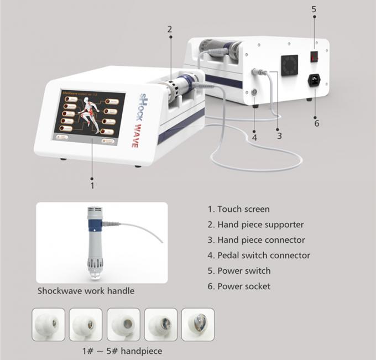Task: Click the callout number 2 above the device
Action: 170,29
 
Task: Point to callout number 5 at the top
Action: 314,9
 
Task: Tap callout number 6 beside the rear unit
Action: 316,123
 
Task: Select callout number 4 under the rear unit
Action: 254,137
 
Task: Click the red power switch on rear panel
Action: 314,56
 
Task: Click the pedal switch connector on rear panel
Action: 254,92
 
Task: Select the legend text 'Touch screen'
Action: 239,209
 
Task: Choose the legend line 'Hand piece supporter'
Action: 255,225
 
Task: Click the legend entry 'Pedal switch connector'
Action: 259,255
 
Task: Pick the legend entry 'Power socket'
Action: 239,286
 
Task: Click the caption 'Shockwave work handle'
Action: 86,290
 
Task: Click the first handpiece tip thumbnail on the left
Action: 48,325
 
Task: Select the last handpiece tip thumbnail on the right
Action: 197,325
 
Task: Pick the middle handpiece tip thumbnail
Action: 123,325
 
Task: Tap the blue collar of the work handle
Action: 95,224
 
